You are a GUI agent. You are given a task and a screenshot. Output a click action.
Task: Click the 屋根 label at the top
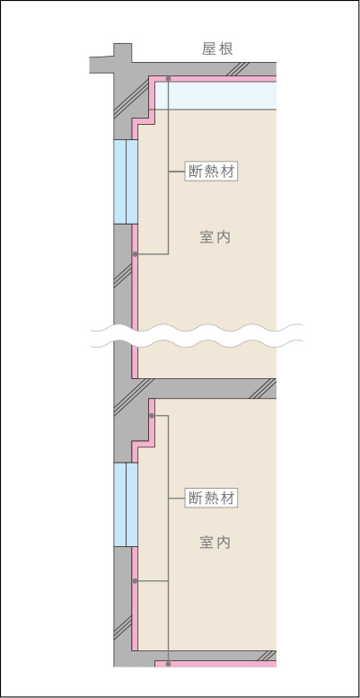pos(217,49)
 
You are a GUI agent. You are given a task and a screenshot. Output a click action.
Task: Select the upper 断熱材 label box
pos(211,172)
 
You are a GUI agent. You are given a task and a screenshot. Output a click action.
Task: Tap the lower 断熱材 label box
pos(211,499)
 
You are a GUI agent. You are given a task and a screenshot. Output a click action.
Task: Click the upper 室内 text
pos(215,237)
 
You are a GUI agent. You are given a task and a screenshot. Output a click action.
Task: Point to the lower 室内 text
pos(215,543)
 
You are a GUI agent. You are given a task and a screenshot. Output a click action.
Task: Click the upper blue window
pos(126,181)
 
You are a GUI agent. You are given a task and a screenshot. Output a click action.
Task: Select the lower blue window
pos(126,505)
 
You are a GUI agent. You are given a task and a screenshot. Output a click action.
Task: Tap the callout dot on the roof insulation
pos(168,79)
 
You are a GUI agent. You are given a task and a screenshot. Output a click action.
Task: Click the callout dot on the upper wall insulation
pos(135,254)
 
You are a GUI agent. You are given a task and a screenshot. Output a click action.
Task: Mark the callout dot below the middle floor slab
pos(152,415)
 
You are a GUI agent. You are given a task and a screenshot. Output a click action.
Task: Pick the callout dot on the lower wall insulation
pos(135,581)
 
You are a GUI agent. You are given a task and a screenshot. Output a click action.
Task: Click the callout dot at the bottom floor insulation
pos(168,664)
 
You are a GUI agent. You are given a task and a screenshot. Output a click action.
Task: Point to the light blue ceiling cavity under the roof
pos(215,96)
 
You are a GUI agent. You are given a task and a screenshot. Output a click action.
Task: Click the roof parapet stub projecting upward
pos(123,52)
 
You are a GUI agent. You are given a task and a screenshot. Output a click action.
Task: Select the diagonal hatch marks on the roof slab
pos(241,69)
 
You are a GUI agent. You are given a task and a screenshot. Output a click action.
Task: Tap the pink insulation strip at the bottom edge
pos(215,664)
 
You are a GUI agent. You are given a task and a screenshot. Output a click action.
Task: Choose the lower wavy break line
pos(197,343)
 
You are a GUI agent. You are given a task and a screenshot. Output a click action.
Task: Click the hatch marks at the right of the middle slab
pos(261,389)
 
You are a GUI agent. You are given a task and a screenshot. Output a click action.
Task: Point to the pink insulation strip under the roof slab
pos(213,79)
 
